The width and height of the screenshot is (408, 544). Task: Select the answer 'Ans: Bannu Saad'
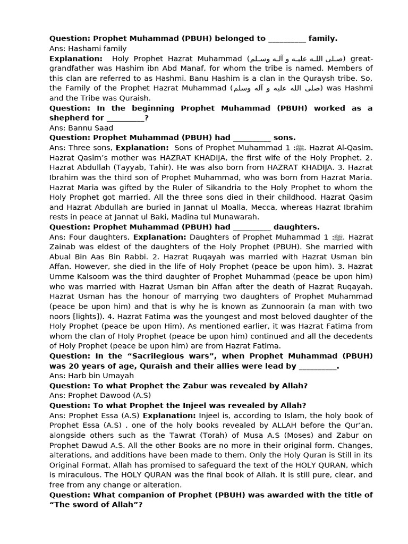(81, 128)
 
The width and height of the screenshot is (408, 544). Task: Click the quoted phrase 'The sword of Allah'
(96, 504)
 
